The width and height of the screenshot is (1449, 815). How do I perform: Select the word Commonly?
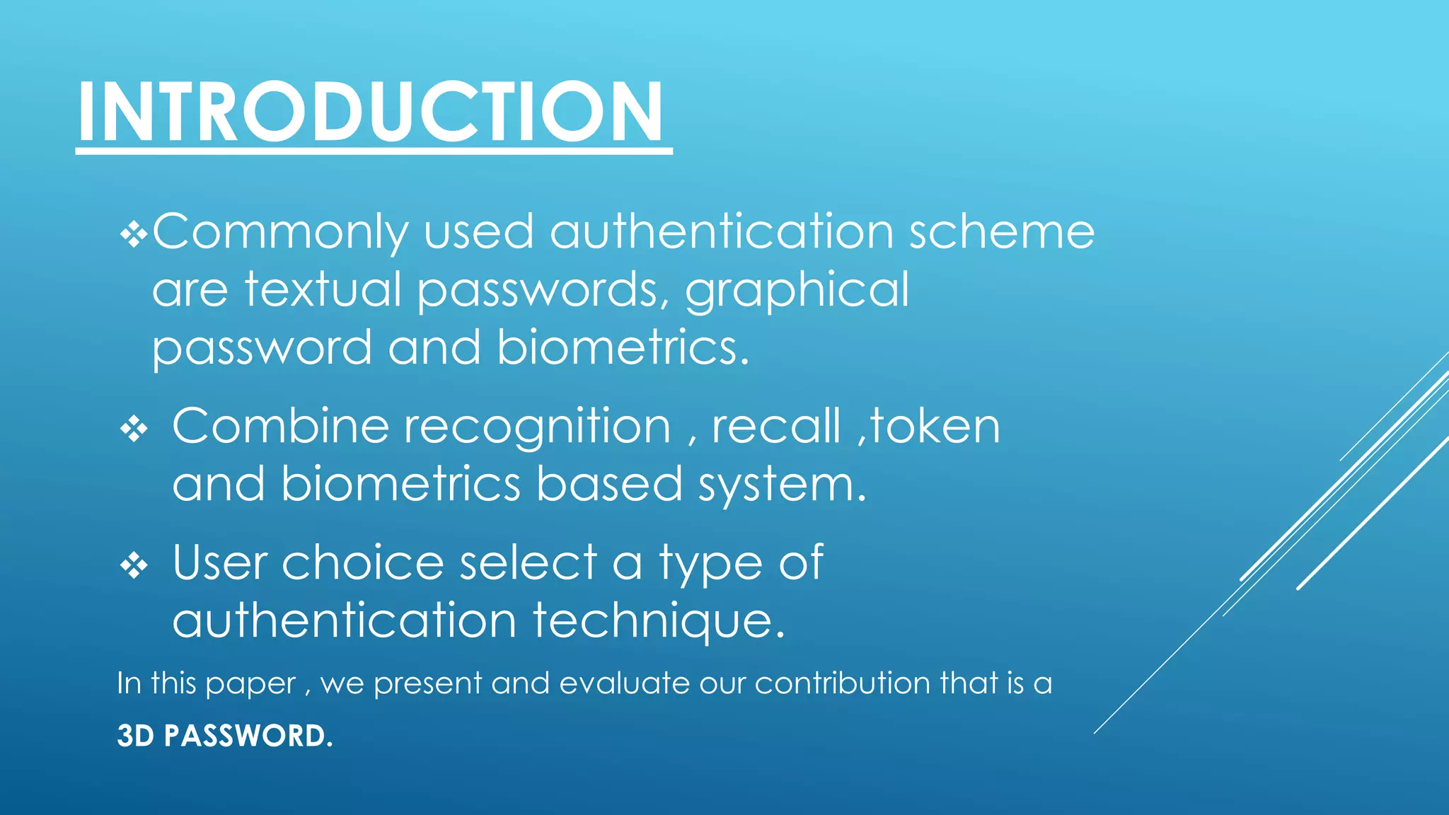click(280, 232)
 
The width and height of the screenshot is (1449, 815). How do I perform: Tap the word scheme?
click(1001, 232)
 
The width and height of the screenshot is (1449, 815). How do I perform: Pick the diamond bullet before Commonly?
click(133, 235)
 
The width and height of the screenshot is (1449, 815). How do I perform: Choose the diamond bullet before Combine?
click(134, 429)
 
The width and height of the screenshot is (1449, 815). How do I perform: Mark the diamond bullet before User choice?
click(134, 566)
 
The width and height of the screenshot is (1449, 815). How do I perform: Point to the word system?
click(781, 486)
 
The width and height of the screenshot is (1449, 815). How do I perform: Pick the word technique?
click(659, 621)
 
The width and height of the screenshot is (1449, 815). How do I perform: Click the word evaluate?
click(624, 683)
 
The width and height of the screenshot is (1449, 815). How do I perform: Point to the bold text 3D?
click(135, 736)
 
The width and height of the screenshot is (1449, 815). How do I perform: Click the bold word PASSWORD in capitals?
click(248, 736)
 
